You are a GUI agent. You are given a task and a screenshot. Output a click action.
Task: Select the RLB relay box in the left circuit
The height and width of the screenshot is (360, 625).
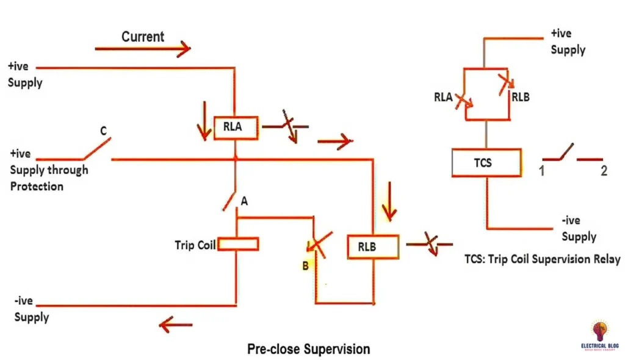coord(372,247)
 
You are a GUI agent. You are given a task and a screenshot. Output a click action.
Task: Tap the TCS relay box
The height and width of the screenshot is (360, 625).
coord(486,163)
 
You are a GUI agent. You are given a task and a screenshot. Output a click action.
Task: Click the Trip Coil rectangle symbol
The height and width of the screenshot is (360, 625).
coord(238,245)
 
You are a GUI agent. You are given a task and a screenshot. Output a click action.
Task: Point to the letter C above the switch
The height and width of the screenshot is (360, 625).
coord(103,130)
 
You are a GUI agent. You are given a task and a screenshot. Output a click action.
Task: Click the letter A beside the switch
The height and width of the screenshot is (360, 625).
coord(244,201)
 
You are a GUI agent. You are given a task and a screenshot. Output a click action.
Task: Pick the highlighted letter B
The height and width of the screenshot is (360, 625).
coord(305,265)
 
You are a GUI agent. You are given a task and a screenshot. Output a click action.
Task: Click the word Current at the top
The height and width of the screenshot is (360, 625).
coord(143,37)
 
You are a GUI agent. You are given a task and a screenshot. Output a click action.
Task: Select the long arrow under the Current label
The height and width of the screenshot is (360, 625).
coord(143,49)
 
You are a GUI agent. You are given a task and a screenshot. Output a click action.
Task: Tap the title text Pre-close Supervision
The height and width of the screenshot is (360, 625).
coord(308,349)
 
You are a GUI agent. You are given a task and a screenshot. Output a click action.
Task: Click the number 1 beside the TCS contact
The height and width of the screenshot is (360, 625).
coord(541,171)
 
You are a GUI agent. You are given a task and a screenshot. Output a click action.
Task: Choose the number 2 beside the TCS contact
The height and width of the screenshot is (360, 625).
coord(604,171)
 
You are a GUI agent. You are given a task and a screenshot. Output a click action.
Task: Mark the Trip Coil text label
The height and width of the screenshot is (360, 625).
coord(195,245)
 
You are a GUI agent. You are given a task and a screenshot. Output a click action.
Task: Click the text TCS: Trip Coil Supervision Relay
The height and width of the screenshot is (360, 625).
coord(542,259)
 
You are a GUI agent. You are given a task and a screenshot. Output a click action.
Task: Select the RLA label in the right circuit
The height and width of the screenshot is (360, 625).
coord(443,96)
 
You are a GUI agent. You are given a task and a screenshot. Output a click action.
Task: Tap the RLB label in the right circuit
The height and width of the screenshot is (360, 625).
coord(521,96)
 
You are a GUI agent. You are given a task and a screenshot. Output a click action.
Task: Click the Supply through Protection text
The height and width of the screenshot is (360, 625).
coord(49,178)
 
